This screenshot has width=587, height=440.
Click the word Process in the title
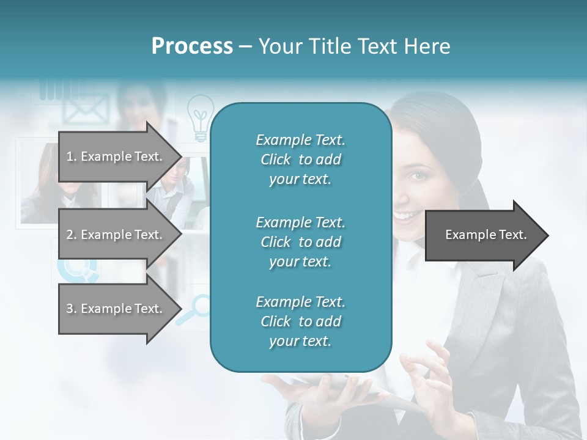(192, 46)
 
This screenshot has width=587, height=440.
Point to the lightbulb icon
(199, 116)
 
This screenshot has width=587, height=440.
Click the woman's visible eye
(417, 176)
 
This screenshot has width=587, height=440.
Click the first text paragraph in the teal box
(300, 159)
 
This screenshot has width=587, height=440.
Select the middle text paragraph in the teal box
(300, 242)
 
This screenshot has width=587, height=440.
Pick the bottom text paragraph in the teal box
(300, 321)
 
